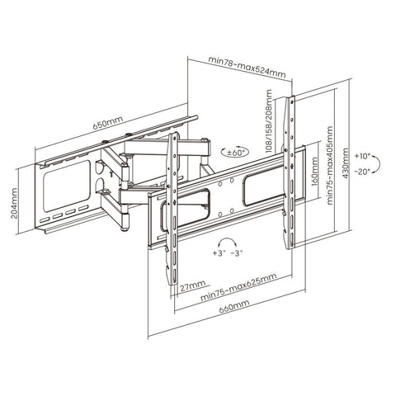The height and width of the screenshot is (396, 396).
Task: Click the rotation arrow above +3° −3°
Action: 220,241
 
